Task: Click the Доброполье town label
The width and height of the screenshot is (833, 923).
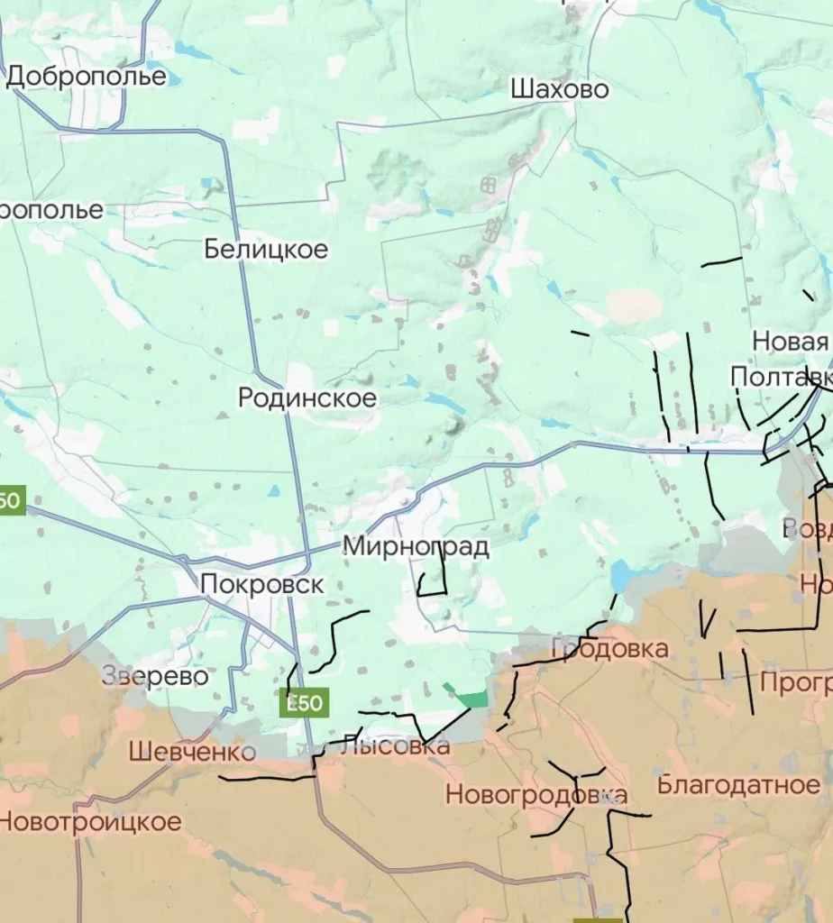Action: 87,77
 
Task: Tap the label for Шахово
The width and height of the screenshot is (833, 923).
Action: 559,89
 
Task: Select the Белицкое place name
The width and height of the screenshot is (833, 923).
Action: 266,249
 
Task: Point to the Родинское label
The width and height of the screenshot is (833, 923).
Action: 307,398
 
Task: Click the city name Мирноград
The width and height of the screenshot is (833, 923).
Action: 416,546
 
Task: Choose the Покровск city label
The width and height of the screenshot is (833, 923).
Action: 261,584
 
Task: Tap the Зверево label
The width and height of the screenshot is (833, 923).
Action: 155,676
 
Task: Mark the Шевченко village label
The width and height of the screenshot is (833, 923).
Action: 192,751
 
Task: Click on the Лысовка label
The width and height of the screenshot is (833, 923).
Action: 395,746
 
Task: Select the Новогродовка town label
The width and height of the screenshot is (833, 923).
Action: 536,795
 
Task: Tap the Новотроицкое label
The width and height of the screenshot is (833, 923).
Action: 90,822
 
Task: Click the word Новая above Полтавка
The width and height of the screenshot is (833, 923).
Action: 790,342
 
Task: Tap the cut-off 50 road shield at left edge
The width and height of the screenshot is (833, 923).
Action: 12,499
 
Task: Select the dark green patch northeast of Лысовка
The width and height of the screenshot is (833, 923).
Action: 470,698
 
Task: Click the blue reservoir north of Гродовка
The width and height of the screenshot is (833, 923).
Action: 622,575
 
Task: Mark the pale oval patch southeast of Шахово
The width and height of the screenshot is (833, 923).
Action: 633,306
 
